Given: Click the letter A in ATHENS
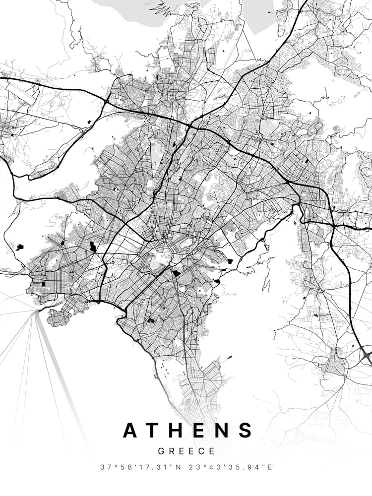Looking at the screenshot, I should pos(131,430).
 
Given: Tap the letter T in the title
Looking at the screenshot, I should pos(156,430).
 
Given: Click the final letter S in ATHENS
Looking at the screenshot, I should pos(246,430).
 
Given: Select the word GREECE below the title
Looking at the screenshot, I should pos(186,451).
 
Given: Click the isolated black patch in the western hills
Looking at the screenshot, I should pos(20,247).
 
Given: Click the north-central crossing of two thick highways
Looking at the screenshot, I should pos(189,126).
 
